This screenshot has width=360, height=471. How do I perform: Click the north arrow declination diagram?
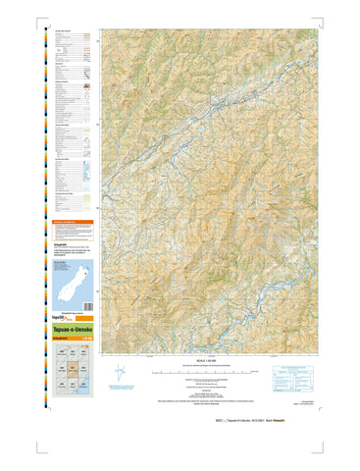click(120, 373)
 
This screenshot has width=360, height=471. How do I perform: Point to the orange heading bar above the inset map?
click(75, 223)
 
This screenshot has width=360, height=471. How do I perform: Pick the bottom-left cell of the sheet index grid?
click(61, 386)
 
